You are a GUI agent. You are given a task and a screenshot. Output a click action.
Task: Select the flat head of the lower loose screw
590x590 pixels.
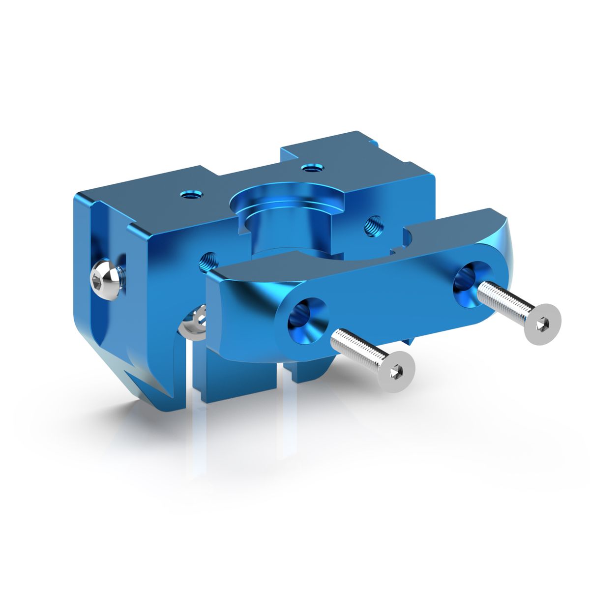click(395, 372)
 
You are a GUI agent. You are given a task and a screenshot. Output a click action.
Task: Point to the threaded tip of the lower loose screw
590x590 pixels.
click(337, 336)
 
